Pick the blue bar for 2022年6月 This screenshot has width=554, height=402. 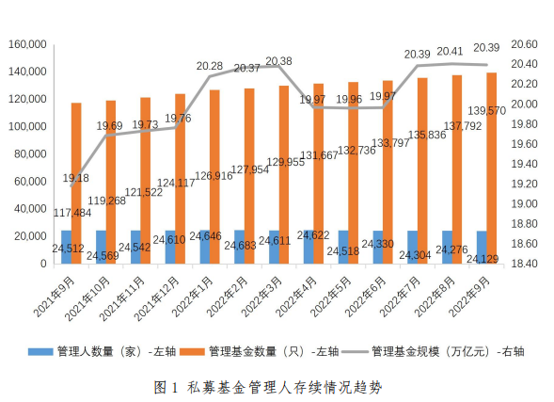[x=377, y=247]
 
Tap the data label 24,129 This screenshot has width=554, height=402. [x=483, y=258]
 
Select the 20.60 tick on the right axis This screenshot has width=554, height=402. [x=522, y=44]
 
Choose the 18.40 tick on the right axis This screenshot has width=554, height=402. [x=522, y=265]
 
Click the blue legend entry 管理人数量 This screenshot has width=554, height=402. [x=107, y=351]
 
